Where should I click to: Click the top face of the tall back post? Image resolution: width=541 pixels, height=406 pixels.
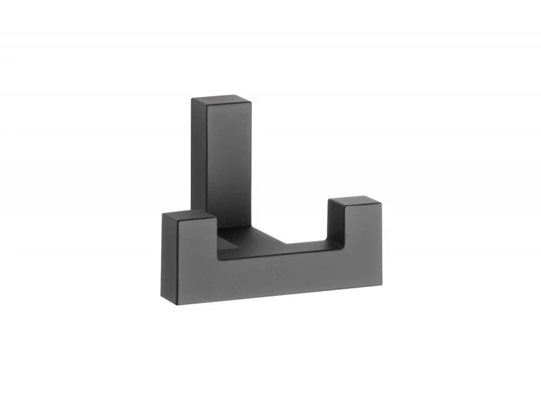222,101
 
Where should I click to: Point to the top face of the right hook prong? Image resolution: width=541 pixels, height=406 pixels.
354,201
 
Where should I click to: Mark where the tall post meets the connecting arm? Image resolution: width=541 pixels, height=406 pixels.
233,227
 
